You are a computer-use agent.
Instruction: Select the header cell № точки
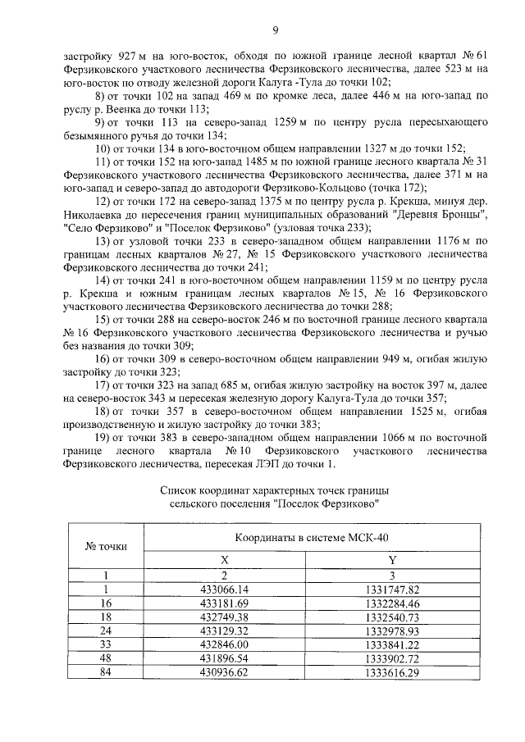pos(106,547)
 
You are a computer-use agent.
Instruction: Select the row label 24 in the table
pos(106,630)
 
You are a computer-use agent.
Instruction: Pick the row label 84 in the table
pos(106,672)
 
